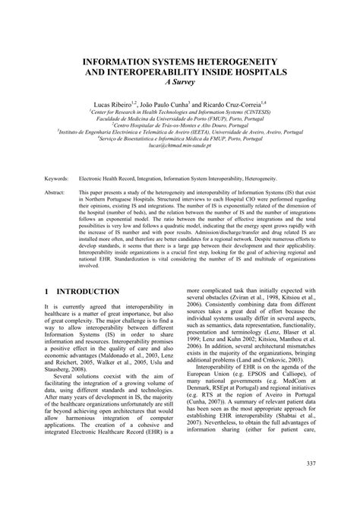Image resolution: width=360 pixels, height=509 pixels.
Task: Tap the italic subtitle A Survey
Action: (x=179, y=83)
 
